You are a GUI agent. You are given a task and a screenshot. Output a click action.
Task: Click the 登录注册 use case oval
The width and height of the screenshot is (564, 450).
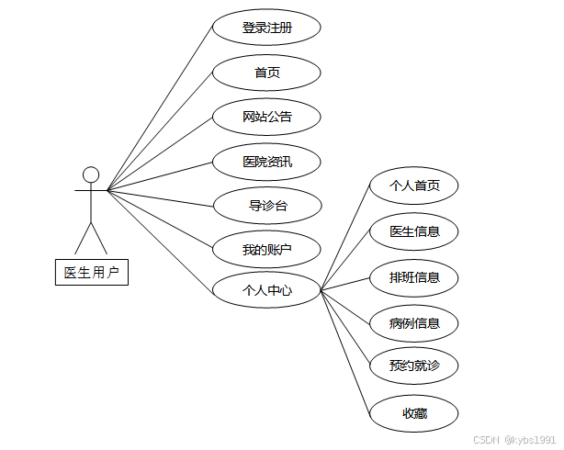(x=266, y=28)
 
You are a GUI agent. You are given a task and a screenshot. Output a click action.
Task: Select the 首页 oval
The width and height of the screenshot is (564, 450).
(x=266, y=73)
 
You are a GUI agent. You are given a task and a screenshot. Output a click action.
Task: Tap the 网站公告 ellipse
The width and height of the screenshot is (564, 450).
(x=266, y=117)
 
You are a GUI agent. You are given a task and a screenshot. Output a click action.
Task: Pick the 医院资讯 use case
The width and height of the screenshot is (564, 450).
(x=266, y=162)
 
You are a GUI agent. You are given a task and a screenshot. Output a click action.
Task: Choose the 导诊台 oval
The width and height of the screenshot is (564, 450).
(x=266, y=206)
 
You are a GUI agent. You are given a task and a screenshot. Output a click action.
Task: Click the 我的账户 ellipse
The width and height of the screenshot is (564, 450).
(x=266, y=249)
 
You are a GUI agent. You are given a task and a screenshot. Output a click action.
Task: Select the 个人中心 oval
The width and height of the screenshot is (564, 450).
(x=266, y=290)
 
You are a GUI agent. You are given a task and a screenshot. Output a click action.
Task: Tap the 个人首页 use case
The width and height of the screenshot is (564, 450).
(x=413, y=186)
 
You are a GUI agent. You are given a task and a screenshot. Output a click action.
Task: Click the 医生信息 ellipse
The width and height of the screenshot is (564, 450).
(x=413, y=231)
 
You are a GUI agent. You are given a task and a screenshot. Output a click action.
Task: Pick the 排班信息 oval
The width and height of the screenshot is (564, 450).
(x=413, y=276)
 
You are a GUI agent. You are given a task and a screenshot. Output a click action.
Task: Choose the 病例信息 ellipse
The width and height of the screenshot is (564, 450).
(x=413, y=323)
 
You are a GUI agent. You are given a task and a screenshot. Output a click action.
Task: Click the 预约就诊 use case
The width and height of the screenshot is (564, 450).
(x=413, y=366)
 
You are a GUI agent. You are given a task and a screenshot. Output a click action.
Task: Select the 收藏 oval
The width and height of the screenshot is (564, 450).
(x=413, y=413)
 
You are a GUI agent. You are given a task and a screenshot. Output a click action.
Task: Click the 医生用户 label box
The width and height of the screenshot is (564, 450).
(x=91, y=273)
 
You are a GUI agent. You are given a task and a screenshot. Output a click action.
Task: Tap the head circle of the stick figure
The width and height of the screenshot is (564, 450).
(x=91, y=174)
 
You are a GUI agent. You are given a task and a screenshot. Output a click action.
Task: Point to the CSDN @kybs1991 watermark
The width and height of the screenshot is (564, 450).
(x=513, y=440)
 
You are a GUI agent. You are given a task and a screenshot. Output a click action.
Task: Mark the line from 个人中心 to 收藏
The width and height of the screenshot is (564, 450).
(x=344, y=353)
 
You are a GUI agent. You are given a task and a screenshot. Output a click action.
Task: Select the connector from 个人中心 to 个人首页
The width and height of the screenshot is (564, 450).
(x=344, y=238)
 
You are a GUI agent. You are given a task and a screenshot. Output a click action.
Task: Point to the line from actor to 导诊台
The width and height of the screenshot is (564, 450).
(x=161, y=197)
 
